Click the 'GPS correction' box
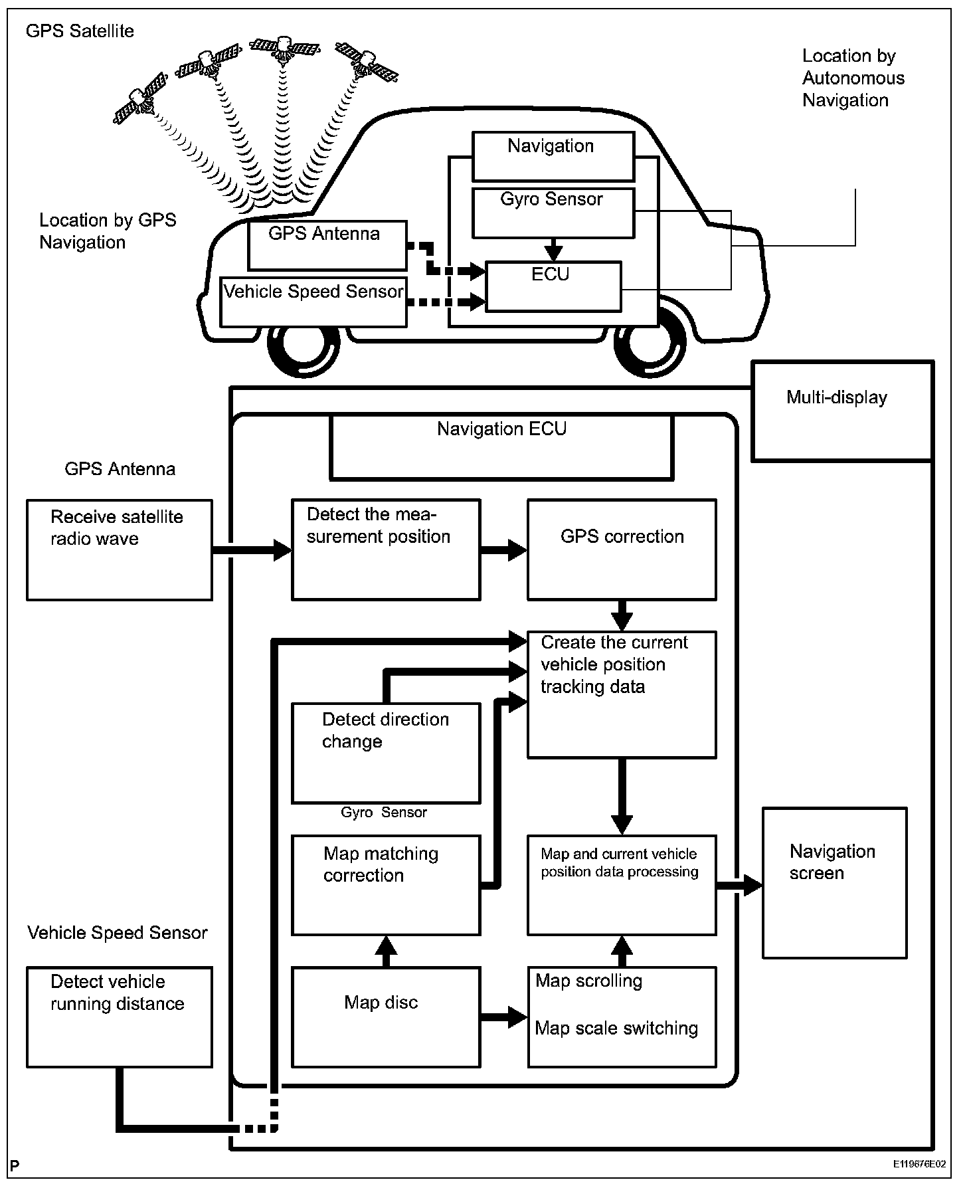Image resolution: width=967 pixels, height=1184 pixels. (x=622, y=549)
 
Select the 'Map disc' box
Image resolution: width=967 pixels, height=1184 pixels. (x=385, y=1017)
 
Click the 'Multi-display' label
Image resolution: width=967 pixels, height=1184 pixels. (x=836, y=397)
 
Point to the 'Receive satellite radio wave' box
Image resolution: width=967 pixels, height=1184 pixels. (x=120, y=549)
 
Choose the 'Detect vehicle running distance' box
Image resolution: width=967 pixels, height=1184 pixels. (x=120, y=1017)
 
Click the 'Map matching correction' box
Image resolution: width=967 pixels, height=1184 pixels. (x=385, y=885)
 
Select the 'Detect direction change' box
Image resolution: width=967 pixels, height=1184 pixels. (x=385, y=753)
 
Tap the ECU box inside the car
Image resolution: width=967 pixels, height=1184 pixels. (x=553, y=286)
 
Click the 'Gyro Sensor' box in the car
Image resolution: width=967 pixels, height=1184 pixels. (x=553, y=213)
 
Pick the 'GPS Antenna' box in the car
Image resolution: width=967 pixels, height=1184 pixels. (x=327, y=245)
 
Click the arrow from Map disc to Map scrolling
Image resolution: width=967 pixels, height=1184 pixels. (x=503, y=1017)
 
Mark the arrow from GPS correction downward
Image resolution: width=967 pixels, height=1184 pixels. (x=622, y=615)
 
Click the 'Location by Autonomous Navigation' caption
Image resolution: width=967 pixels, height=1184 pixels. (x=853, y=78)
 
